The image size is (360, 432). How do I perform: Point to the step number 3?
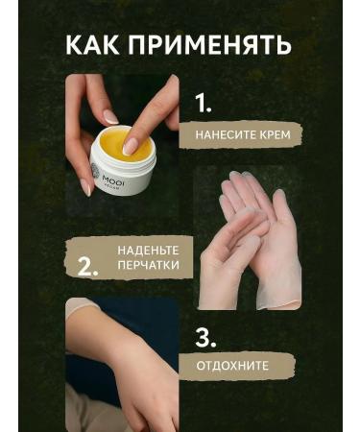pyautogui.click(x=205, y=338)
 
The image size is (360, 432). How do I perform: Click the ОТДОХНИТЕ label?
pyautogui.click(x=232, y=366)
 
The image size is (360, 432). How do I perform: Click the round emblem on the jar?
pyautogui.click(x=97, y=164)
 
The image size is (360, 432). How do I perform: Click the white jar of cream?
pyautogui.click(x=125, y=163)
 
